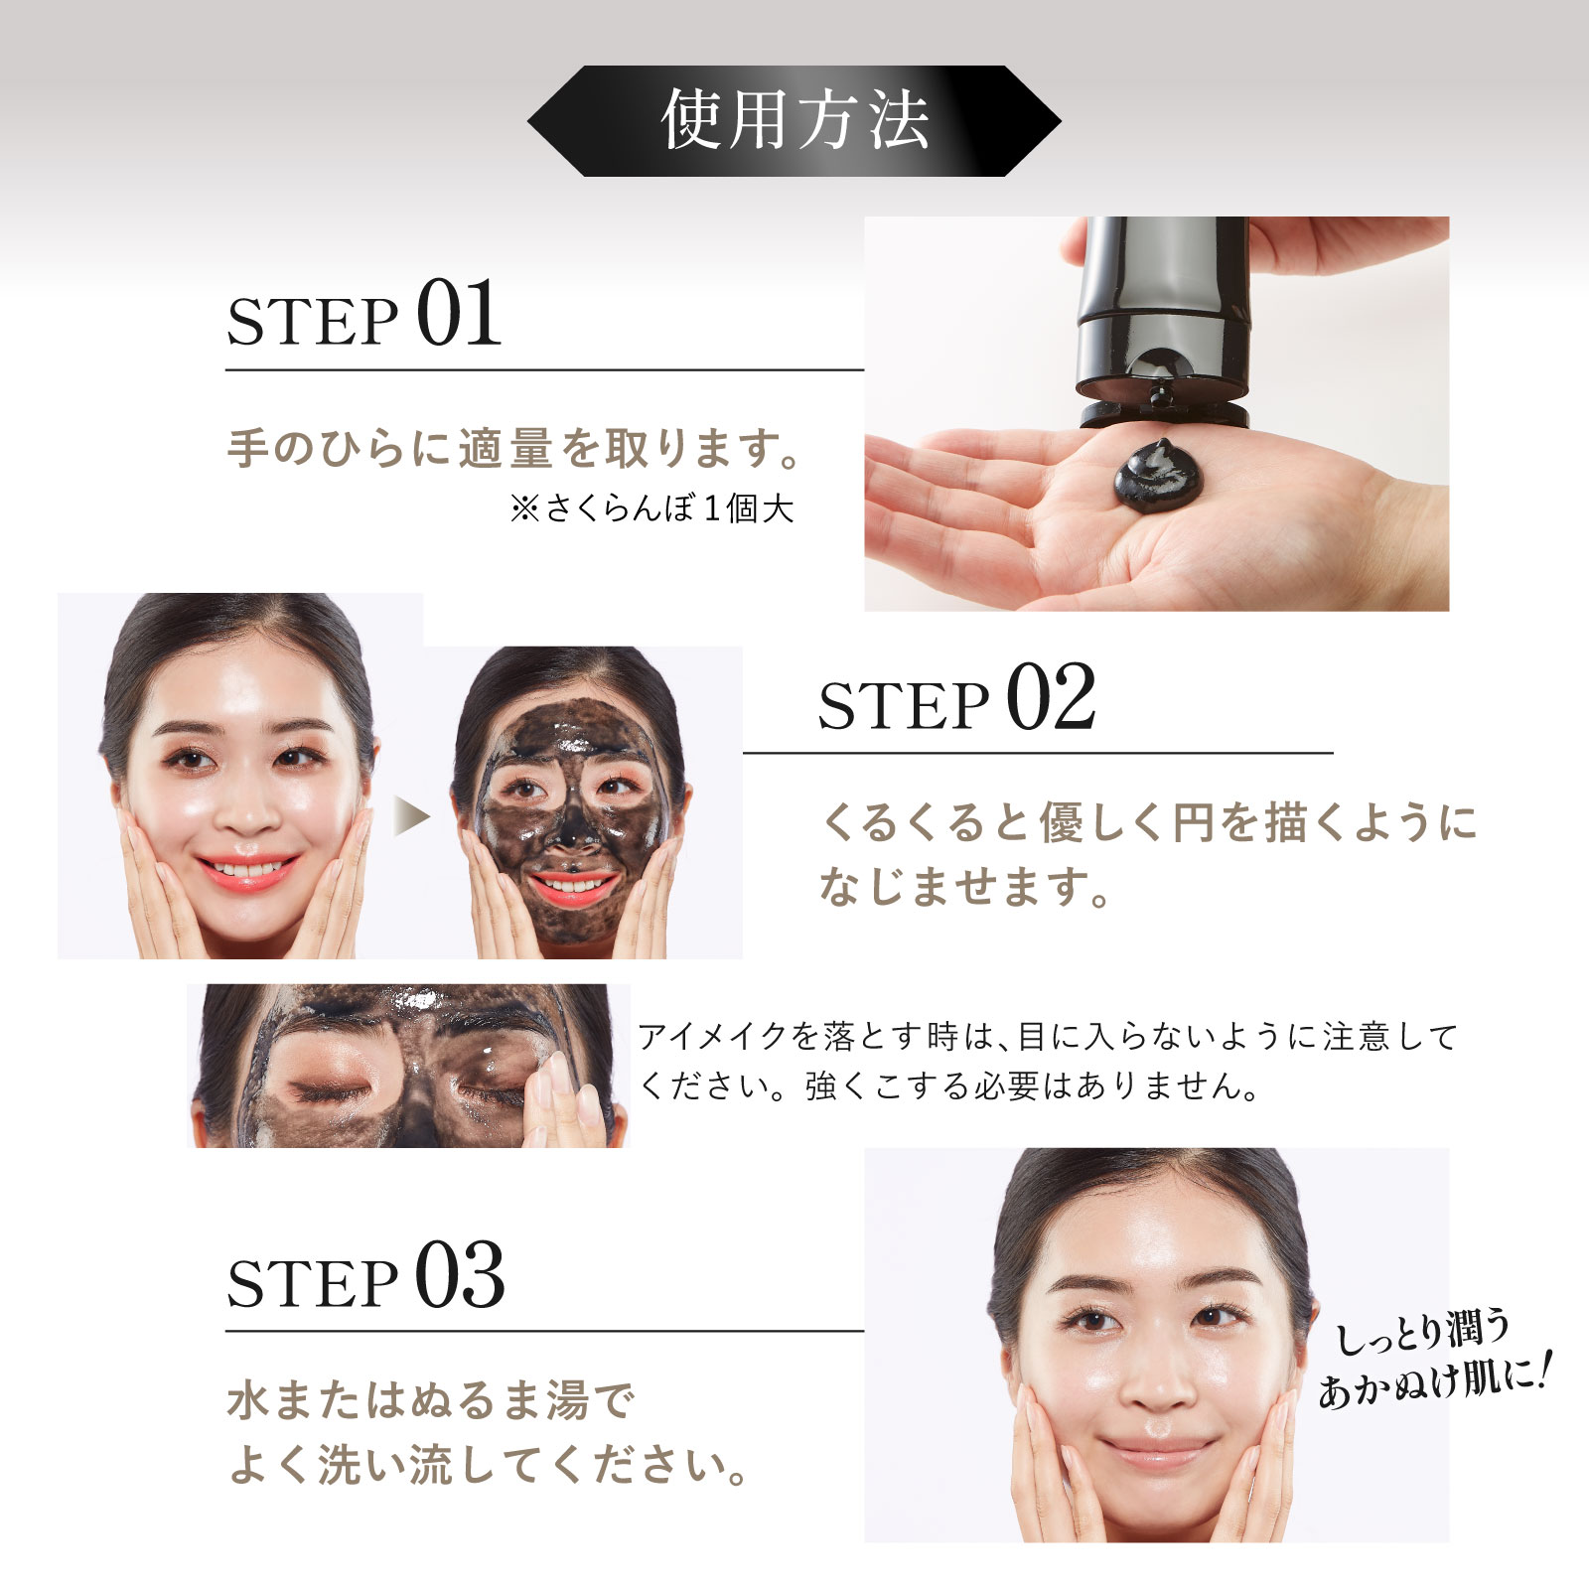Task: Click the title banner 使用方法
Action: point(794,121)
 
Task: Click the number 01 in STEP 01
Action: point(459,314)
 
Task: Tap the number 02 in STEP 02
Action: point(1051,697)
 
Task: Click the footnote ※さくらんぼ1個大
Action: point(652,508)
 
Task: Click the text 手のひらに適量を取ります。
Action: point(514,448)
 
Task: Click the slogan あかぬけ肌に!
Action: point(1433,1378)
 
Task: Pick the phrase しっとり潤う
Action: point(1423,1330)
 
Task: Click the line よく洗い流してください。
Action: point(489,1465)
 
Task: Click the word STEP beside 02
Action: point(904,705)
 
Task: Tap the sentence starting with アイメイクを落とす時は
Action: point(1048,1061)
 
